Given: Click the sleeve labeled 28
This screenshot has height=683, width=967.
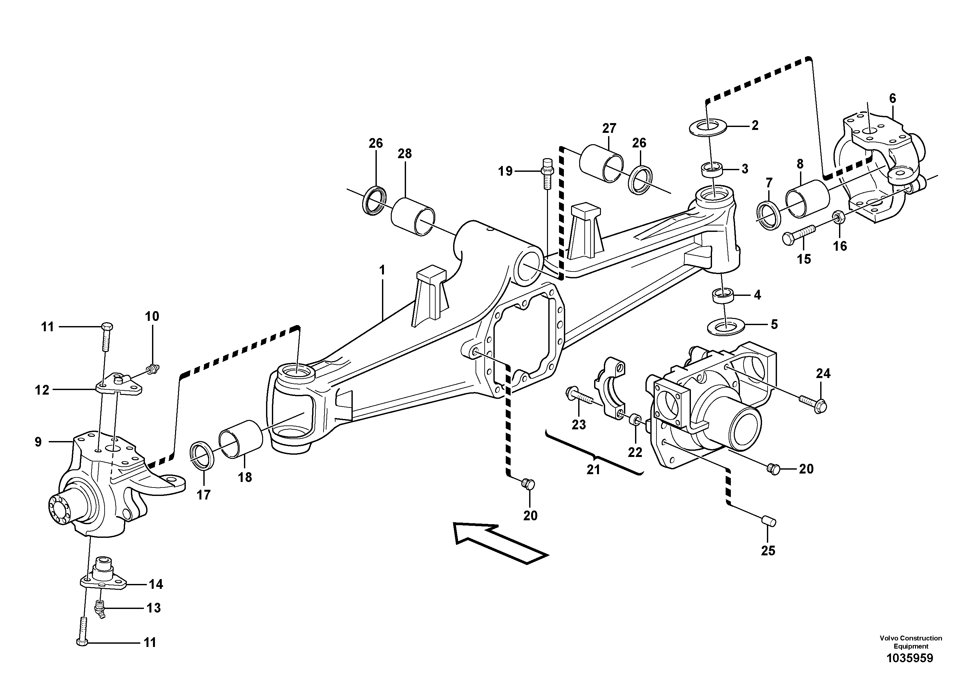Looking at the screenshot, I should click(x=413, y=216).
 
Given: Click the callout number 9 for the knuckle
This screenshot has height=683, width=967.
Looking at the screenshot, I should click(x=38, y=442).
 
